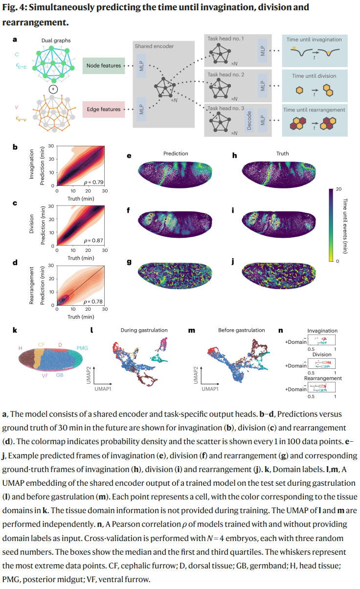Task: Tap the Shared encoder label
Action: (154, 46)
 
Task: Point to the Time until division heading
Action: (314, 76)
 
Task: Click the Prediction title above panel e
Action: (176, 154)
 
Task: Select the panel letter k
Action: (15, 330)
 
